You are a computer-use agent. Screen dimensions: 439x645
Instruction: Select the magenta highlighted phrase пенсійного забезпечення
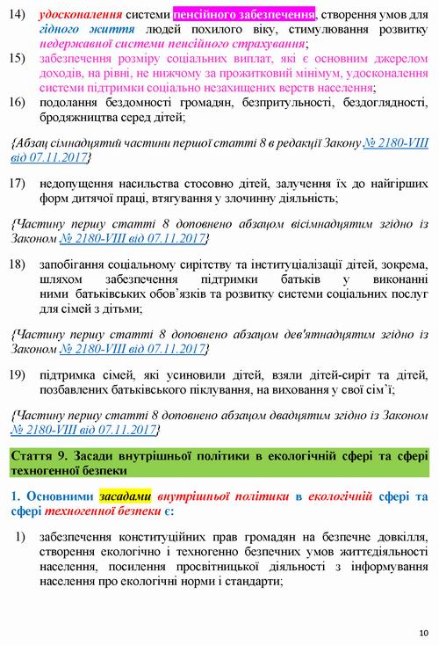coord(244,16)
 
